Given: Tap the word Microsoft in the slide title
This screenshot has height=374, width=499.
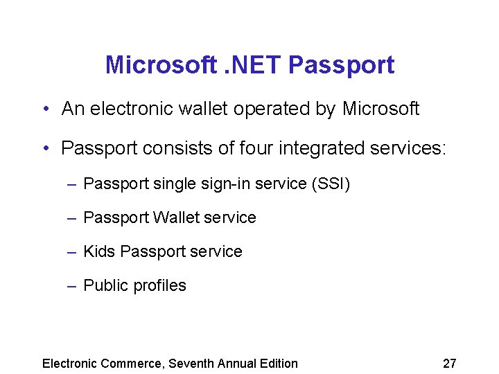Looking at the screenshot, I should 161,65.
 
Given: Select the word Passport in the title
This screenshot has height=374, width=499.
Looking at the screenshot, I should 341,65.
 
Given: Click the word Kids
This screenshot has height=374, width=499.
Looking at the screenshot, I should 99,251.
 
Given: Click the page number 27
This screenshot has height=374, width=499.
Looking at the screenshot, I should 449,364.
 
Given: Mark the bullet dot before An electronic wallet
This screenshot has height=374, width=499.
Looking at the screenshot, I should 44,109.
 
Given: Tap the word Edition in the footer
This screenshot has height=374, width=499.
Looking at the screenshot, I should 277,364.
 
